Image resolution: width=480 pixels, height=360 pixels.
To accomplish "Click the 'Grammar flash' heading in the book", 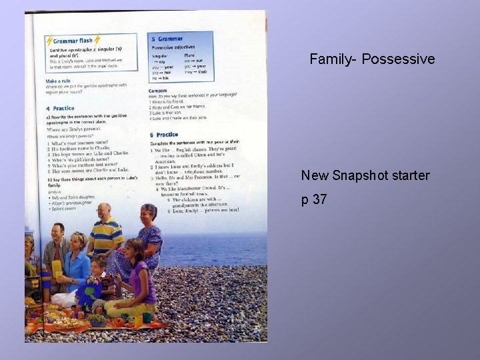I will [73, 41].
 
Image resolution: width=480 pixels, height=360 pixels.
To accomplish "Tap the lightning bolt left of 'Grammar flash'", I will [49, 41].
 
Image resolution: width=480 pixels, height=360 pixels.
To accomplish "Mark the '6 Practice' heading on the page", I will [163, 135].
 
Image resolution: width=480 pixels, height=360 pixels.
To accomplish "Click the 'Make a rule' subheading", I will [58, 81].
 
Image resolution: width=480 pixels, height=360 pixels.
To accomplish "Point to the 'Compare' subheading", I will [159, 90].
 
